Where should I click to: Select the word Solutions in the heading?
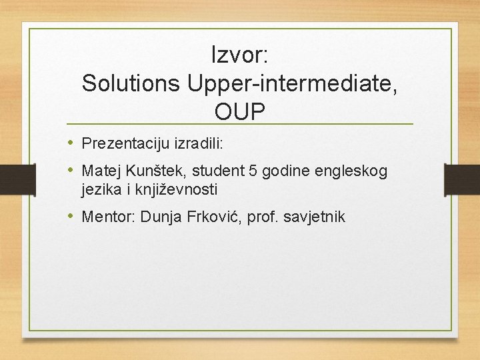pyautogui.click(x=131, y=83)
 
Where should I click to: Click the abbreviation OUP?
pyautogui.click(x=239, y=112)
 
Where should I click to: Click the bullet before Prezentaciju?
pyautogui.click(x=70, y=143)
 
